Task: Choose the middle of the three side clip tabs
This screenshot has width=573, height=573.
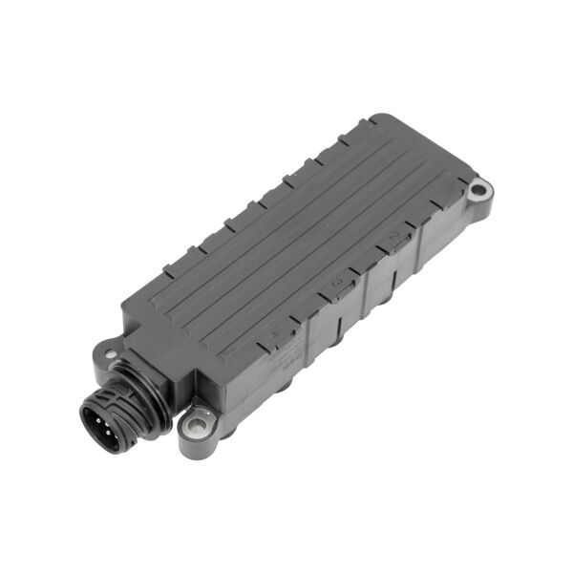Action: tap(336, 286)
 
